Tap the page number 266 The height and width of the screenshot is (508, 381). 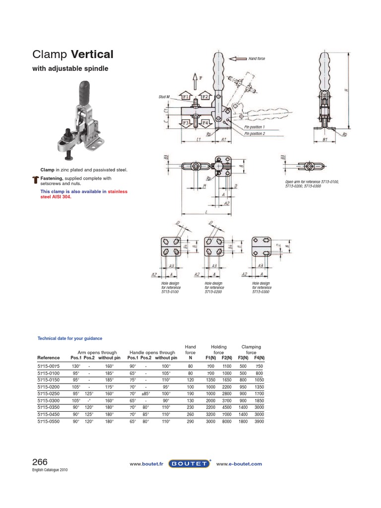(40, 462)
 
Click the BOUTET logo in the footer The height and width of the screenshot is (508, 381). (190, 464)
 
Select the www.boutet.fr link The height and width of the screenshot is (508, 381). (146, 464)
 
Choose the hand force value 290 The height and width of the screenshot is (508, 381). (190, 421)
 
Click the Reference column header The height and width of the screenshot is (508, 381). (49, 357)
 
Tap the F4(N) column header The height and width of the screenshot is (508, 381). (259, 357)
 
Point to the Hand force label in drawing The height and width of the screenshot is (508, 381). (256, 59)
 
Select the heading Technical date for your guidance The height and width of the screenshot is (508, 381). (70, 338)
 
